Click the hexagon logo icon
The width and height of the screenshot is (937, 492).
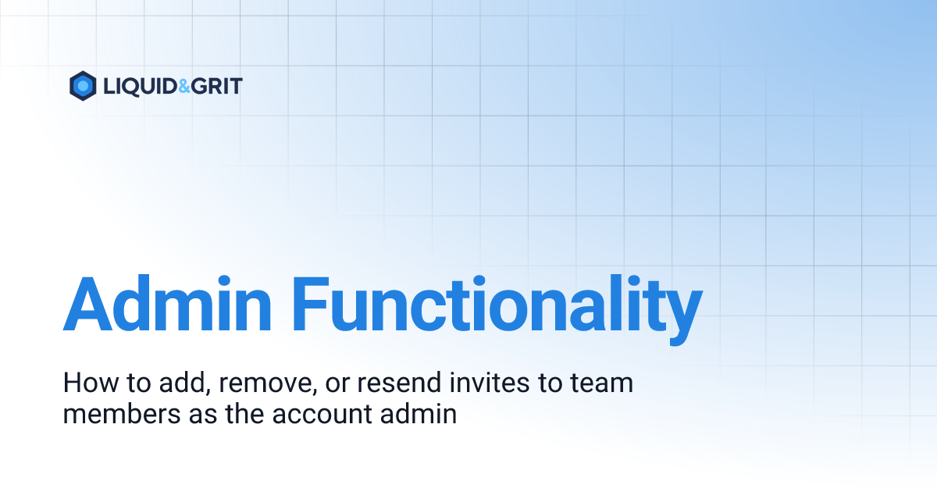coord(83,86)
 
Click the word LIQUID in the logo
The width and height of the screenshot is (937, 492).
coord(141,87)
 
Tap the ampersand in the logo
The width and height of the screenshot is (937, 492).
coord(184,86)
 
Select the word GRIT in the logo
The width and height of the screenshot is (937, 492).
coord(217,86)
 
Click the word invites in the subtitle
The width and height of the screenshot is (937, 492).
coord(490,383)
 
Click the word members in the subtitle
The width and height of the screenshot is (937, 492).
coord(122,414)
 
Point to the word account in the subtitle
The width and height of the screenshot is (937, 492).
coord(322,415)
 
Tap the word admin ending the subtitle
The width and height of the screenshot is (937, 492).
coord(419,414)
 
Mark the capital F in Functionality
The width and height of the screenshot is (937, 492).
coord(309,304)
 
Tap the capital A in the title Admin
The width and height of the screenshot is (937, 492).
coord(87,304)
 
